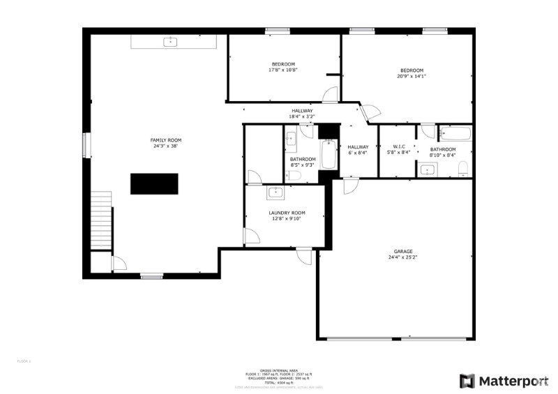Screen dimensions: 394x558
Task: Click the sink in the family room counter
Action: point(169,42)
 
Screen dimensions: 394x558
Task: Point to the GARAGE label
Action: point(402,251)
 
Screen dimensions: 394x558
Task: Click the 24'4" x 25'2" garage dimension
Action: point(402,258)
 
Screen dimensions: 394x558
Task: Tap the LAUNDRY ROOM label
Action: point(287,213)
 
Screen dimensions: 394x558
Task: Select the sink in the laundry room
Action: point(276,192)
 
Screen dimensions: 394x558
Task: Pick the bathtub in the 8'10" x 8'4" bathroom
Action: point(457,134)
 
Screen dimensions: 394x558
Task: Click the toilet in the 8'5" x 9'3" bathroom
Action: point(293,177)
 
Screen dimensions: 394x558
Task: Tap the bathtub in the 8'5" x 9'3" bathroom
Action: point(327,155)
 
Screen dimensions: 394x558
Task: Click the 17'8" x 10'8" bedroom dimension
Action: point(283,70)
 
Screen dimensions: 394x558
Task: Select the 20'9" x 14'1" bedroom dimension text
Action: point(412,76)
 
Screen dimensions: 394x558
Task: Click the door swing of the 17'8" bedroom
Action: point(330,94)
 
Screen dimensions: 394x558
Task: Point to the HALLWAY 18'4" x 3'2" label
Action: point(302,114)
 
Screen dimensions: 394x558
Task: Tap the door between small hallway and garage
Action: point(351,185)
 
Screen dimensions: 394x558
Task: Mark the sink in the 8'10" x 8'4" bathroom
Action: point(428,169)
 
